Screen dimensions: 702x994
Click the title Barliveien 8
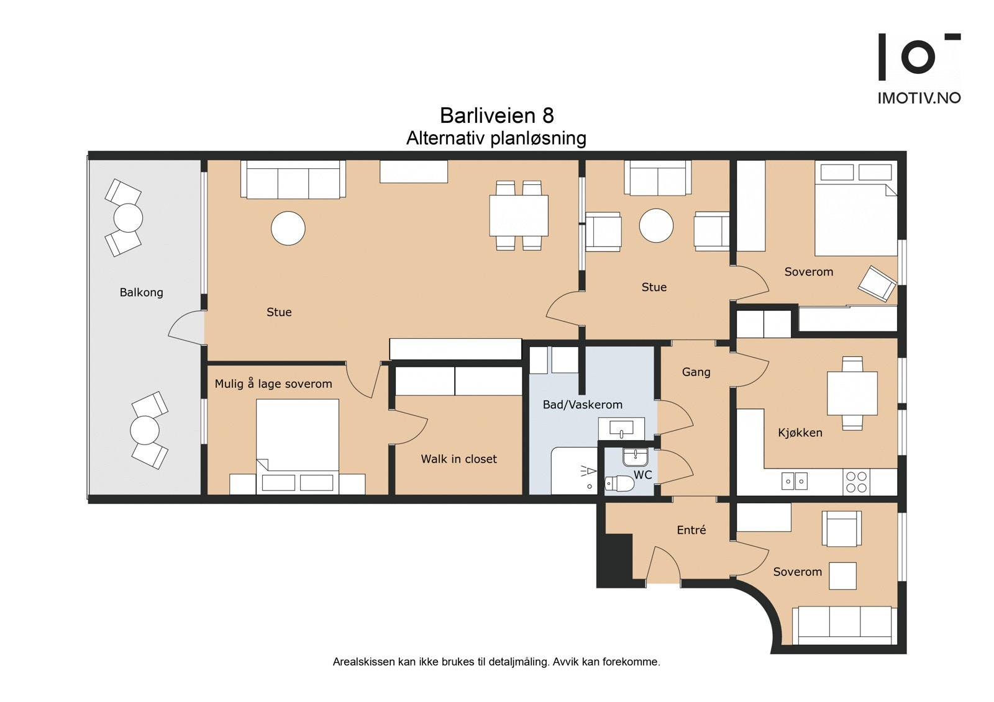496,115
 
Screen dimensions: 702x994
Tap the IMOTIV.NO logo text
918,98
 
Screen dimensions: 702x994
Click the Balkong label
141,292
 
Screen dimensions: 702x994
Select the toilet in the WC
619,483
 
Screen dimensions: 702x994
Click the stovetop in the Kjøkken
856,482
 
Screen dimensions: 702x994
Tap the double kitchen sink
794,481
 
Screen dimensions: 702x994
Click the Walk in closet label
458,459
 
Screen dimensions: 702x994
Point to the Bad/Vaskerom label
582,405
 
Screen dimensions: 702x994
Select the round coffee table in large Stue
288,228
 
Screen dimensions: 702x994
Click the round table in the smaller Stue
656,225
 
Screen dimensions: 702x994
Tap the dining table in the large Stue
519,215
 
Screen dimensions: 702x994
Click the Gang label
696,372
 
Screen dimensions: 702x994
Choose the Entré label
691,530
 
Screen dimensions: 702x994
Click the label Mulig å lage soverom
273,384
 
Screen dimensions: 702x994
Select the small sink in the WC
635,457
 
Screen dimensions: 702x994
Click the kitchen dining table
852,394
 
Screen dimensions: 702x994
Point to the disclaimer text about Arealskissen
496,662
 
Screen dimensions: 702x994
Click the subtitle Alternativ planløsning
496,138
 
